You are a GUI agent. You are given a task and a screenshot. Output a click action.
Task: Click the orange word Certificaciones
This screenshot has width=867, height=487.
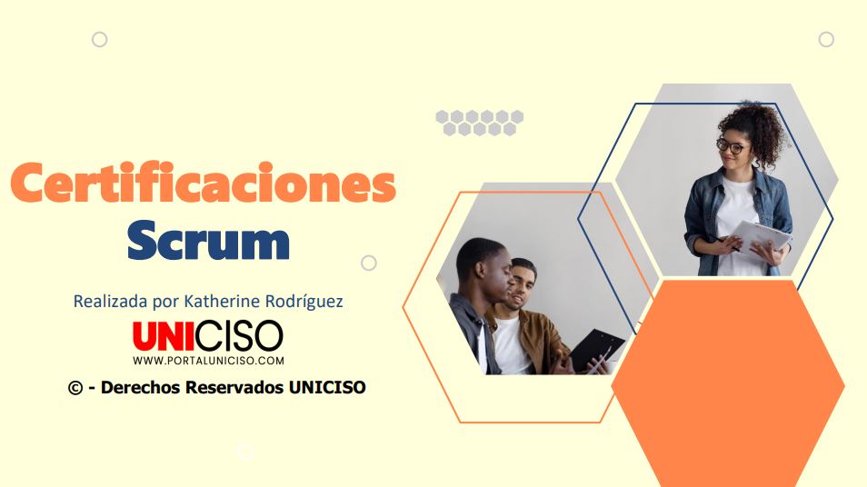203,183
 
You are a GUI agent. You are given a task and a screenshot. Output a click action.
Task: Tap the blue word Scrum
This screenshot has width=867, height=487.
208,241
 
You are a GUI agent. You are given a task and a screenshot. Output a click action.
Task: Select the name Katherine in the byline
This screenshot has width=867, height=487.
222,302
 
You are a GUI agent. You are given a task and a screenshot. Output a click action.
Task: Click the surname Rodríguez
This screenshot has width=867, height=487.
304,302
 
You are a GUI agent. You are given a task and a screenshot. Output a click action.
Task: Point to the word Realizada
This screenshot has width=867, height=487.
110,302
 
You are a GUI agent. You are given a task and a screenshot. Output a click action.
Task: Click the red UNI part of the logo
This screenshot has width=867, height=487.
163,336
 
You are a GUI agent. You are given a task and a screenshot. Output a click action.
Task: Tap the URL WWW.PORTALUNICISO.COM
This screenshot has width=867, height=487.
208,361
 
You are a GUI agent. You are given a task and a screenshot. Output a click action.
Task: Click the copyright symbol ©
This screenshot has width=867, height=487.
75,388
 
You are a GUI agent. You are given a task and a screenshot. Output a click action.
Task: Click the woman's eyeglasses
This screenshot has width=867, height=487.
731,146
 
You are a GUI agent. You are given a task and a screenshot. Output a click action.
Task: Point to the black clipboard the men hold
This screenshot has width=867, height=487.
596,348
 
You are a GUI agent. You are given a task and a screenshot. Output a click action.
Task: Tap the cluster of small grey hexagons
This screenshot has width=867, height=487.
479,123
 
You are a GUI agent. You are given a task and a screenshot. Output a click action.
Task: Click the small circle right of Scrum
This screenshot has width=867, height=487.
369,263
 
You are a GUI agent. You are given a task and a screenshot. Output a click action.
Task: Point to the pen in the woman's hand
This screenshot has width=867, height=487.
726,243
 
